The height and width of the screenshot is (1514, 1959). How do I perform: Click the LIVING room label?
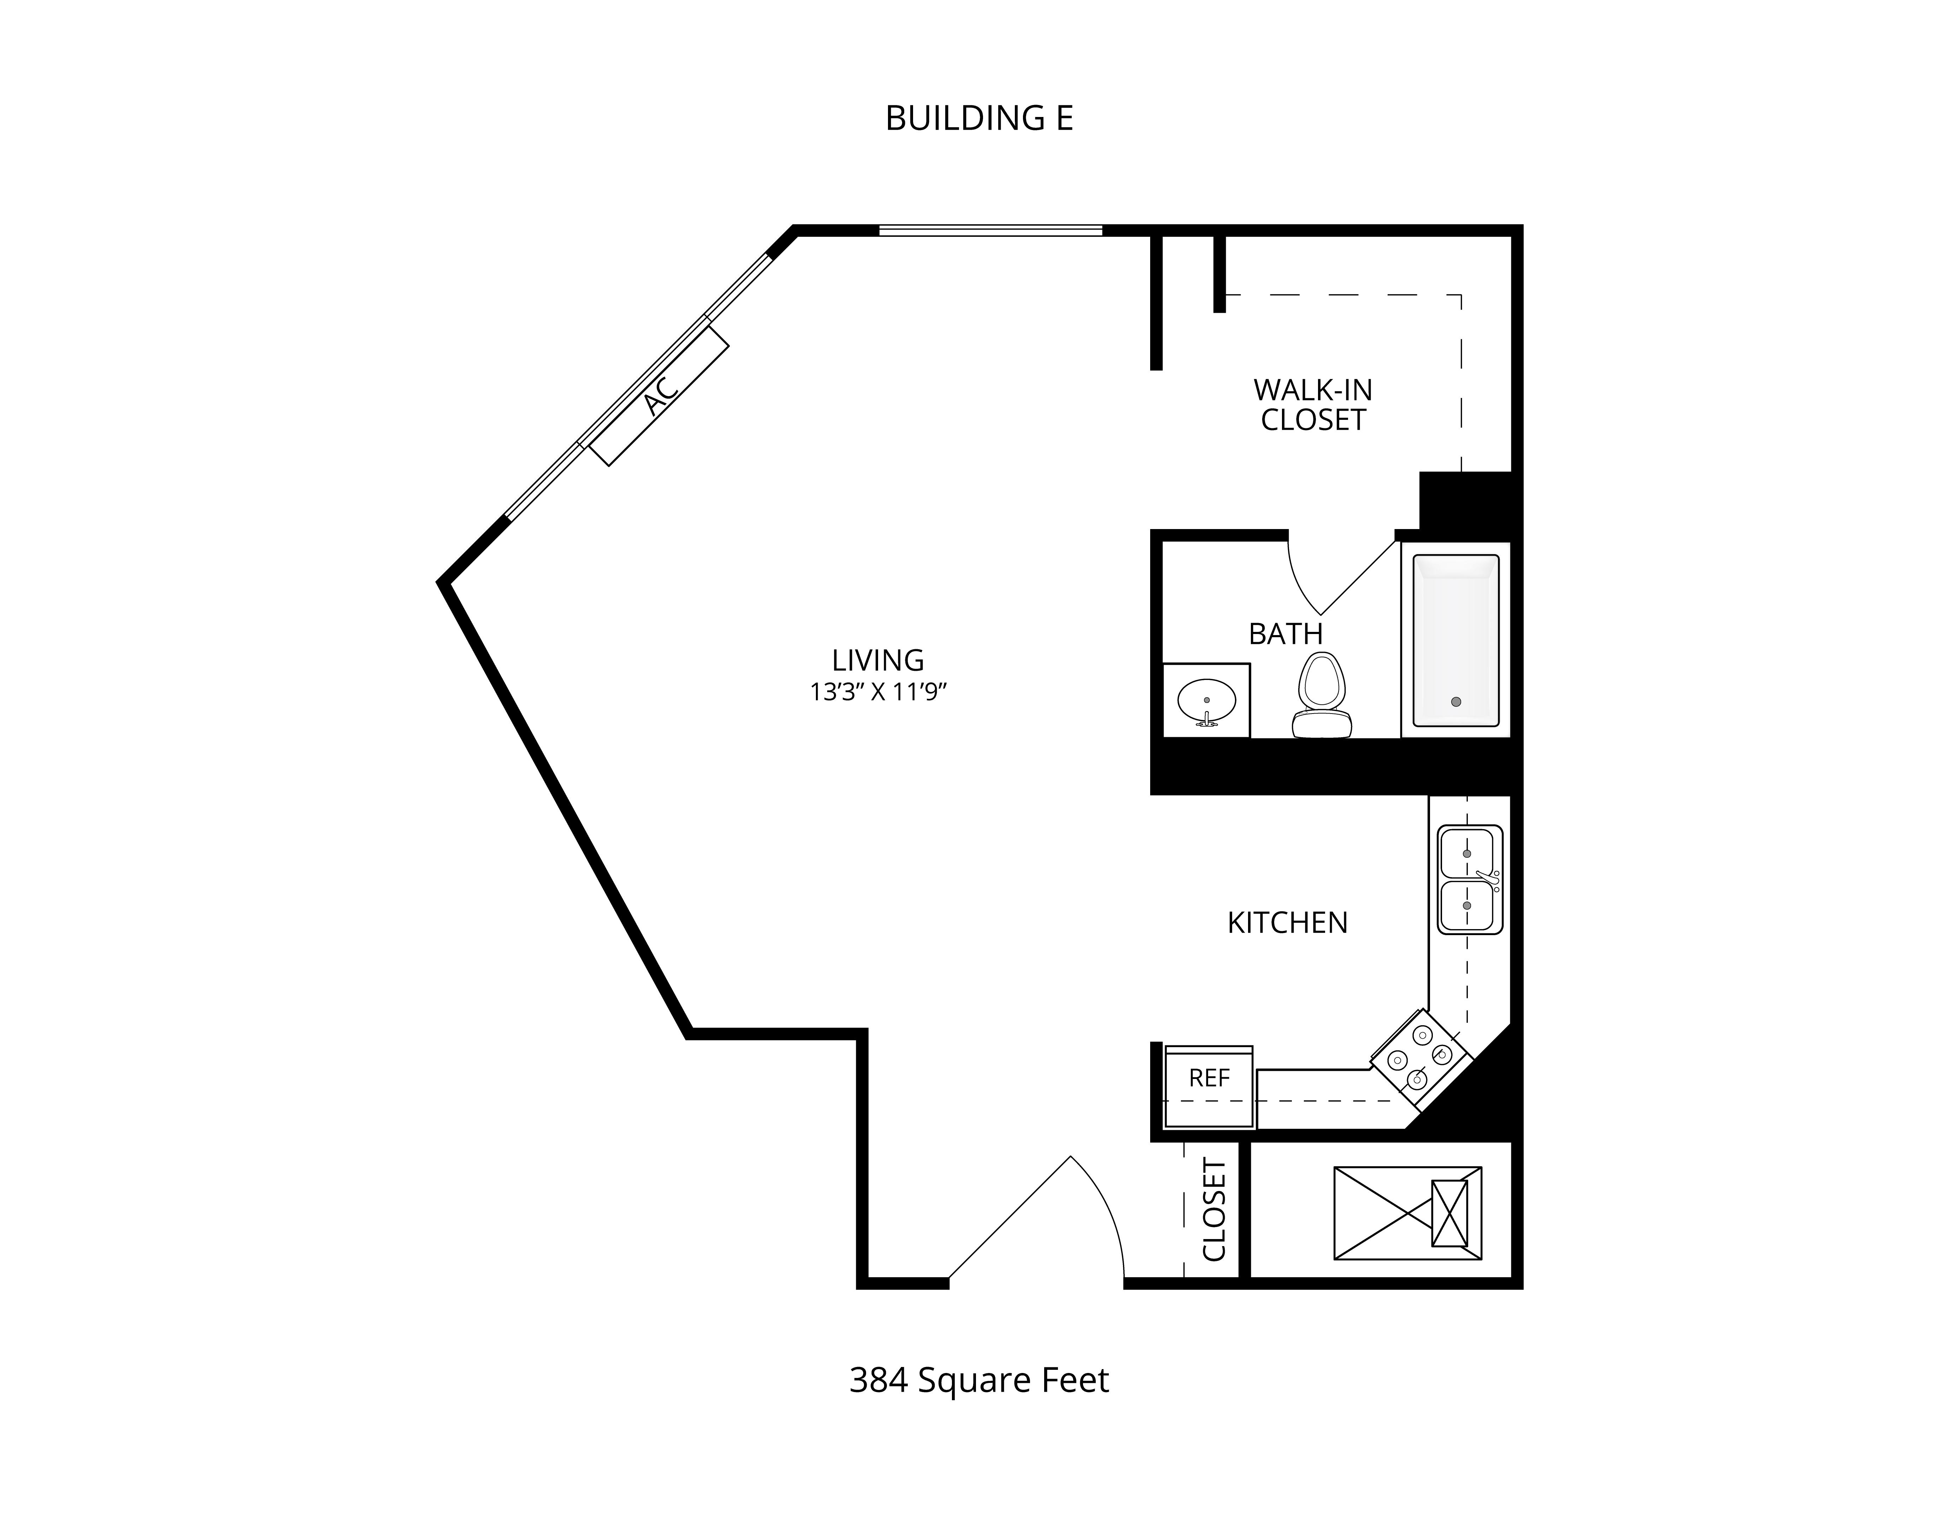pyautogui.click(x=877, y=660)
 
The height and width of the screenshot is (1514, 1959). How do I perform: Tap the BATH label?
pyautogui.click(x=1286, y=634)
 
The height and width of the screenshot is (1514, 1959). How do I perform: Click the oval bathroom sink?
pyautogui.click(x=1206, y=700)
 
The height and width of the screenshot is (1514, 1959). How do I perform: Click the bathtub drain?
pyautogui.click(x=1456, y=702)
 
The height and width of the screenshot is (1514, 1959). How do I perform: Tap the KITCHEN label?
pyautogui.click(x=1287, y=923)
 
